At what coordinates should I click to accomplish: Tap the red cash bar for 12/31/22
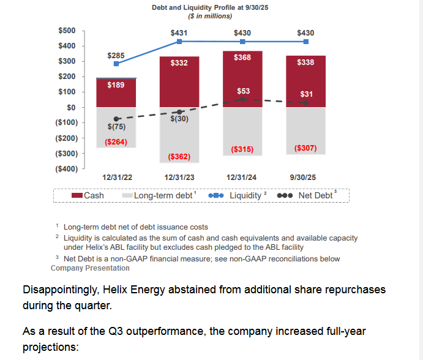coord(116,95)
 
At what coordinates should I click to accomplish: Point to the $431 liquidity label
coord(179,32)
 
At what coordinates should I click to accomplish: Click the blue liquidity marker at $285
coord(116,64)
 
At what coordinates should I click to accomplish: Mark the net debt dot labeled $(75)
coord(116,119)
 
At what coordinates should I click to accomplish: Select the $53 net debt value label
coord(243,91)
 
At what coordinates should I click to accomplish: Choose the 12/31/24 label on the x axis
coord(242,178)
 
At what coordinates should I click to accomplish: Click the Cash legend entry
coord(88,195)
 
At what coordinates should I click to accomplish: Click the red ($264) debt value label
coord(116,142)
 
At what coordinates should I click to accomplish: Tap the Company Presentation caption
coord(90,268)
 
